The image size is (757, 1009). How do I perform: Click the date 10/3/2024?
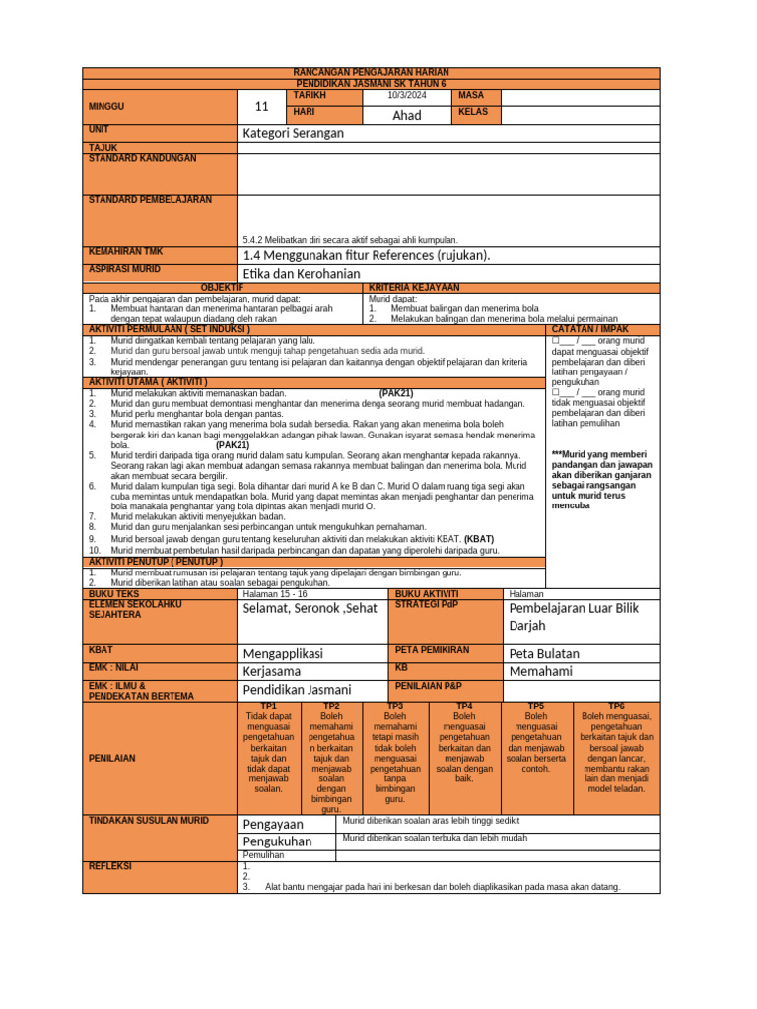(x=408, y=95)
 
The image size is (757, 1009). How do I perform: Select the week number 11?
(x=261, y=105)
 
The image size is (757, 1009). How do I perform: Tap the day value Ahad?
(x=407, y=115)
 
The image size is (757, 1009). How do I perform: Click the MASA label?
(x=471, y=95)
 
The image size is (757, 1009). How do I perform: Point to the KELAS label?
(x=474, y=113)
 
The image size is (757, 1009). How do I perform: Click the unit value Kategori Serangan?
(x=293, y=133)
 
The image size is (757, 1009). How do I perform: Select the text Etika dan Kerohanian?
(x=302, y=273)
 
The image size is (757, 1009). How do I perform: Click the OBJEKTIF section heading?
(x=224, y=287)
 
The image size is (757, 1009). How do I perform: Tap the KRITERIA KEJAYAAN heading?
(x=413, y=287)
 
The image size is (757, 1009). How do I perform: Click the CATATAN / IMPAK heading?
(x=602, y=329)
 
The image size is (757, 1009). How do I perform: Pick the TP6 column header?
(x=616, y=706)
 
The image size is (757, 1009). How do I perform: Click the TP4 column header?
(x=464, y=706)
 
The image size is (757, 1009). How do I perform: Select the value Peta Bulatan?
(x=544, y=653)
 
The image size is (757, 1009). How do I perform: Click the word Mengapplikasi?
(x=283, y=653)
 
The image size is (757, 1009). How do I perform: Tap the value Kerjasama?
(x=272, y=671)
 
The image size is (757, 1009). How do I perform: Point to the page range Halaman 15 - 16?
(x=275, y=594)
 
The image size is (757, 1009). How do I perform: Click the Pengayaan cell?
(x=274, y=824)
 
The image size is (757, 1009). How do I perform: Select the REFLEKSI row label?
(x=110, y=864)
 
